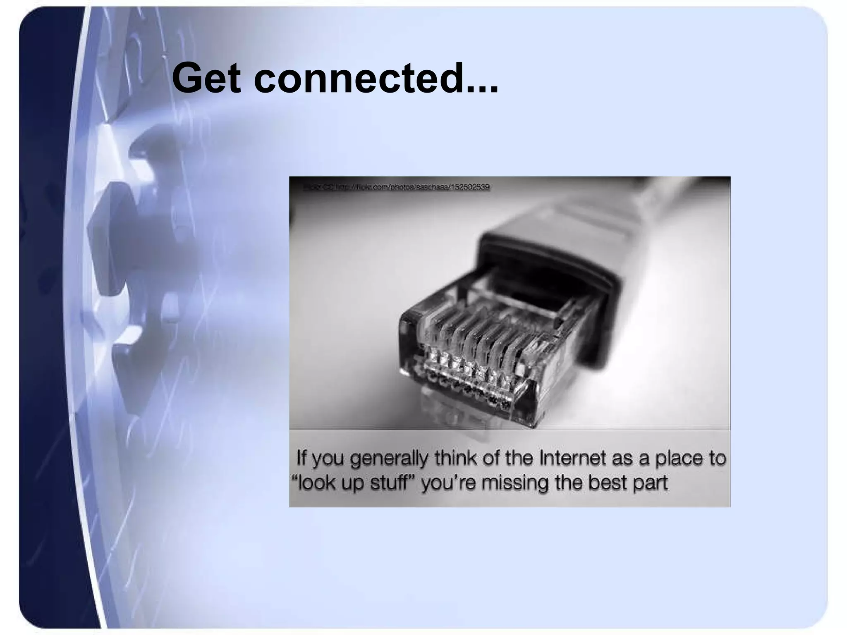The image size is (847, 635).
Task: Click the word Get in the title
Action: [x=206, y=79]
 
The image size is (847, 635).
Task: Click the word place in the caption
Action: [x=678, y=458]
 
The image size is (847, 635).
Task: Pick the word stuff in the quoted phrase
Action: [x=392, y=483]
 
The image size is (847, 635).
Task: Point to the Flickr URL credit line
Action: [x=397, y=187]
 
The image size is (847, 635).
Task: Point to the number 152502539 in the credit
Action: [x=469, y=187]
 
